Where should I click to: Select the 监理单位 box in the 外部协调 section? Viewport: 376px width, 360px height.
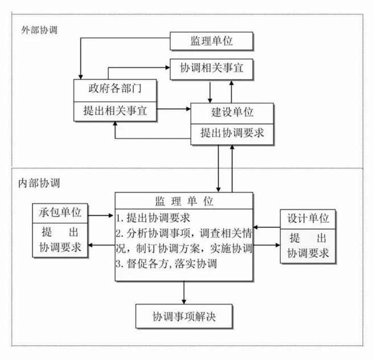click(211, 41)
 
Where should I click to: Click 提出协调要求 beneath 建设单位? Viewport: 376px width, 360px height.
click(232, 133)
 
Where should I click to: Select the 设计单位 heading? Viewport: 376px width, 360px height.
click(305, 219)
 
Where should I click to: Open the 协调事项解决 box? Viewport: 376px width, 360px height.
click(184, 315)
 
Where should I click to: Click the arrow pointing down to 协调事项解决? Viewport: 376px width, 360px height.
click(184, 292)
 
